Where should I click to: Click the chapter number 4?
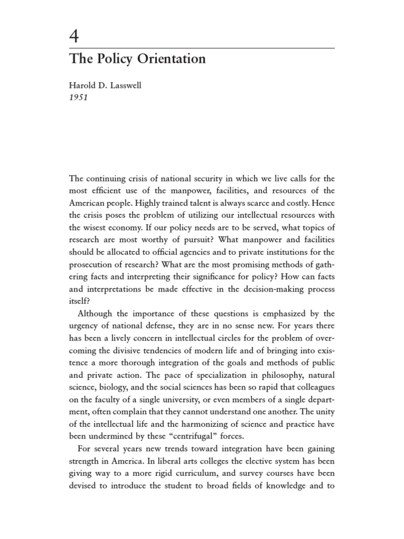tap(75, 37)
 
